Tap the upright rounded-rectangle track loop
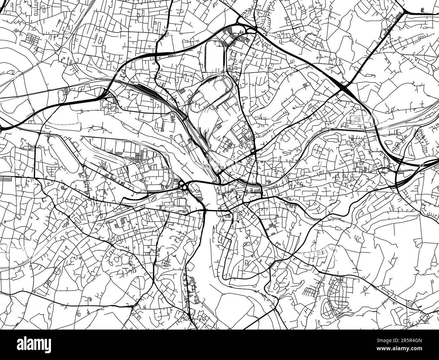pos(214,56)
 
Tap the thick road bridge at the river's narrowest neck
pos(205,211)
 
